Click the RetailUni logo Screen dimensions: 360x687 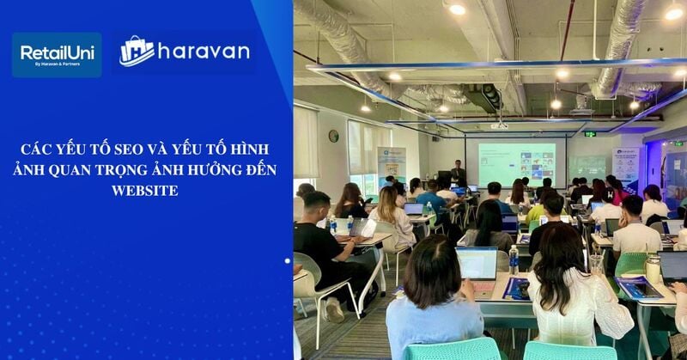[57, 55]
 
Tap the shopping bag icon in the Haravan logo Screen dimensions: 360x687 [137, 52]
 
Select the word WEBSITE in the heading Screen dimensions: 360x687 [144, 190]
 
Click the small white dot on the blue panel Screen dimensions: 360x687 [287, 260]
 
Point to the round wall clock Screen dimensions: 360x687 [333, 136]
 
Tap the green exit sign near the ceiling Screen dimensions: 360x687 [590, 134]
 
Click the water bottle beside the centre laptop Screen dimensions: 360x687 [514, 259]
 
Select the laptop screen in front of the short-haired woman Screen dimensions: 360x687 [477, 263]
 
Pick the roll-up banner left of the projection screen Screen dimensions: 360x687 [392, 167]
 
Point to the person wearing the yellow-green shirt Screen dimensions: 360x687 [537, 211]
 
